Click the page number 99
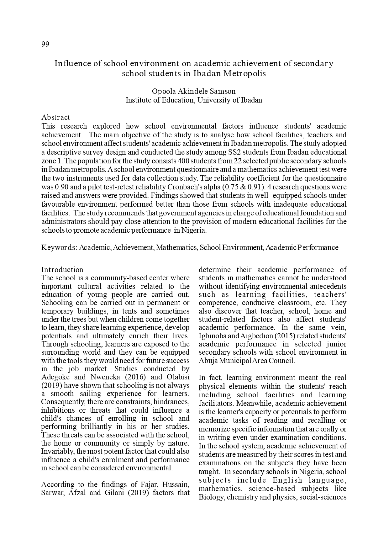click(45, 44)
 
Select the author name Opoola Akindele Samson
click(194, 91)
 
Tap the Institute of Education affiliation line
click(194, 100)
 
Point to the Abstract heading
click(55, 117)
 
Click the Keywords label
click(59, 247)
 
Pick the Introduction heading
click(62, 270)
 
